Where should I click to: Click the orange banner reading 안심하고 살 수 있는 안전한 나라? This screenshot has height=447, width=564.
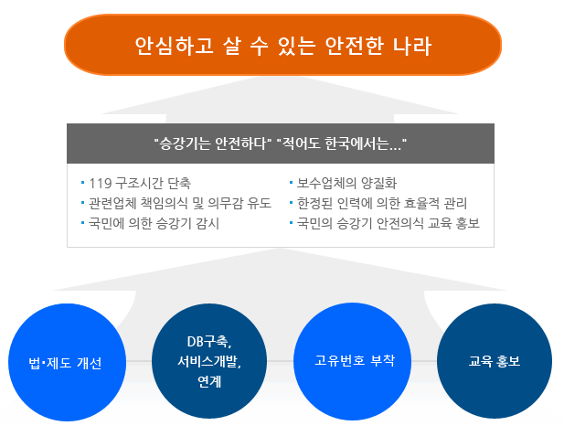click(x=282, y=45)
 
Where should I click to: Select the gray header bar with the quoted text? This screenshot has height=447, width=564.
click(x=281, y=144)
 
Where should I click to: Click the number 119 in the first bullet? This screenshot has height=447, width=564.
click(x=101, y=184)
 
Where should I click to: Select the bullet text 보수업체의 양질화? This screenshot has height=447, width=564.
click(x=346, y=183)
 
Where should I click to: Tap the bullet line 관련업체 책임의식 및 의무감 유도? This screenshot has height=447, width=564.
click(x=180, y=203)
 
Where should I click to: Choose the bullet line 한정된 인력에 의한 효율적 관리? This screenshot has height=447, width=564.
click(x=382, y=203)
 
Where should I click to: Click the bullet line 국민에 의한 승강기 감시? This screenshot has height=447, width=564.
click(x=154, y=223)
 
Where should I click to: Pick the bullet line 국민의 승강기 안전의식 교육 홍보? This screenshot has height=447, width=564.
click(x=388, y=223)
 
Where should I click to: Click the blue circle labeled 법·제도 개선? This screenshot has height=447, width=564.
click(x=68, y=362)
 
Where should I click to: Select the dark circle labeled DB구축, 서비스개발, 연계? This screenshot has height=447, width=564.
click(x=209, y=361)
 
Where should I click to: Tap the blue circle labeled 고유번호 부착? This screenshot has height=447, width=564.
click(x=353, y=361)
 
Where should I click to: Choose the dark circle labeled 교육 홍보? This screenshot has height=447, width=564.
click(x=495, y=361)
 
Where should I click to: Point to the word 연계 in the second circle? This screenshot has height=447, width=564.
click(x=209, y=381)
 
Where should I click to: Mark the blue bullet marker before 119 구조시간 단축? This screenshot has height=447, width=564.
click(x=83, y=183)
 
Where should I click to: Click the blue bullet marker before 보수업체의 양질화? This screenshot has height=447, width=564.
click(x=291, y=183)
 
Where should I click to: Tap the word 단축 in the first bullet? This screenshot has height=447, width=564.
click(x=179, y=184)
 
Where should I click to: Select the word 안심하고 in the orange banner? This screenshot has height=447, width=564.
click(x=174, y=46)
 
